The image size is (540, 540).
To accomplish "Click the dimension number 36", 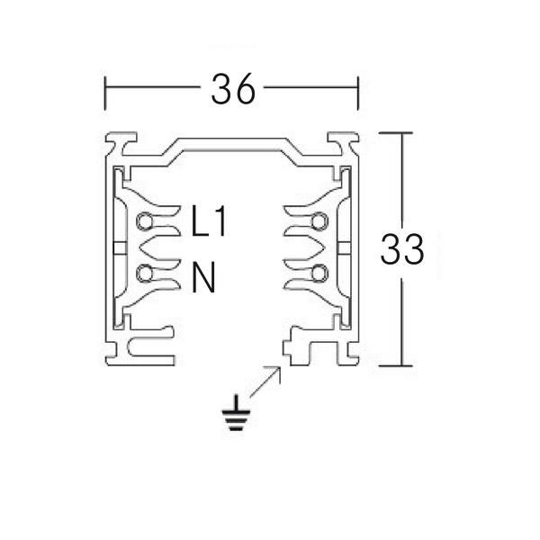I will point(232,90).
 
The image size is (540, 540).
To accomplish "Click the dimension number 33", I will point(401,249).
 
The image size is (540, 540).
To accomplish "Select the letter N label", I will point(202,277).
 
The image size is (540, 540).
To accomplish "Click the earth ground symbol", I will point(236,416).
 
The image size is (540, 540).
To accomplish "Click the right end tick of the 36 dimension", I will point(359,90).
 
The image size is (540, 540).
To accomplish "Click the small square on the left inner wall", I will point(119,247).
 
